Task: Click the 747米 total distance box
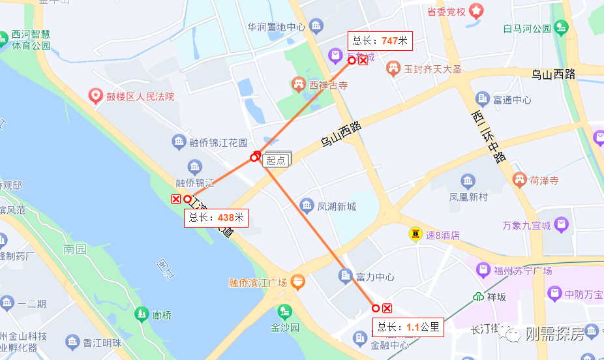(380, 40)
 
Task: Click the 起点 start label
(277, 160)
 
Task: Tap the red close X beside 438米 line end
(175, 199)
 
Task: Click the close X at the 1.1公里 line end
(387, 308)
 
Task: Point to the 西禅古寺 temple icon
(299, 84)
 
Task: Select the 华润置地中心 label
(276, 27)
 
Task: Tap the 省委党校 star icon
(477, 11)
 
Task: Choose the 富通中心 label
(511, 100)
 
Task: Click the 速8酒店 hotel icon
(415, 233)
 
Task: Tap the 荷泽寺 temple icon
(519, 179)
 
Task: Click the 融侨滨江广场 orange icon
(297, 282)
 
